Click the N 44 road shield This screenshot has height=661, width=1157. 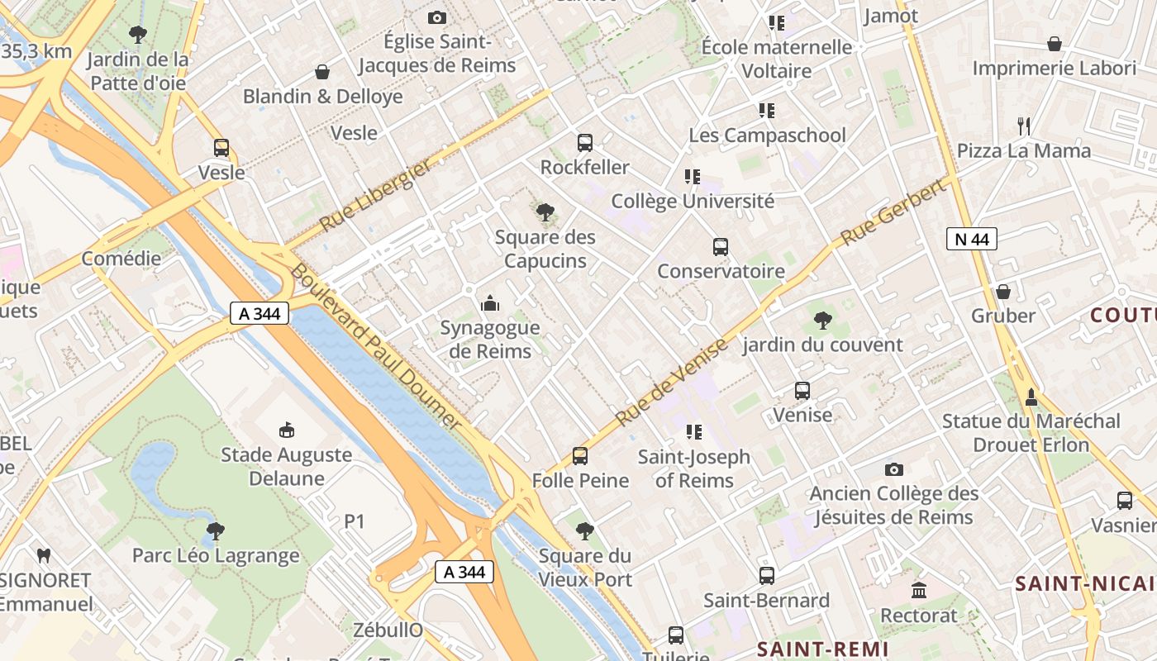pyautogui.click(x=971, y=240)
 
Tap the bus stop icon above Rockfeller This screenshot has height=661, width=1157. pyautogui.click(x=585, y=143)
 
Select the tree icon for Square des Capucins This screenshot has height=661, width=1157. pyautogui.click(x=545, y=213)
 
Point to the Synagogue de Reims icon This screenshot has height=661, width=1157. pyautogui.click(x=490, y=304)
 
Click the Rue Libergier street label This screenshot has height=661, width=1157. pyautogui.click(x=375, y=196)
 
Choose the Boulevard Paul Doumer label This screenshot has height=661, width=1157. pyautogui.click(x=375, y=346)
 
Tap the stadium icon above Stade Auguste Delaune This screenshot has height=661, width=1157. pyautogui.click(x=287, y=430)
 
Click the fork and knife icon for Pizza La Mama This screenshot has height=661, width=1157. pyautogui.click(x=1024, y=126)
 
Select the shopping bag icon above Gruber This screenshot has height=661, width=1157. pyautogui.click(x=1003, y=292)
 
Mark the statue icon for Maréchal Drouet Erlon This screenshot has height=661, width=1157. pyautogui.click(x=1031, y=397)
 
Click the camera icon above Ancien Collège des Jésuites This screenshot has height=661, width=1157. pyautogui.click(x=893, y=469)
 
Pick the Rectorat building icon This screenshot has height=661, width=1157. pyautogui.click(x=919, y=591)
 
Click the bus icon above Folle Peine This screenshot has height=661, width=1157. pyautogui.click(x=580, y=456)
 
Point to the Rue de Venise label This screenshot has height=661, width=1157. pyautogui.click(x=672, y=381)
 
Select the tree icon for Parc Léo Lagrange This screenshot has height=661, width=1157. pyautogui.click(x=216, y=531)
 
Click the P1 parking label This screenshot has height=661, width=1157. pyautogui.click(x=355, y=521)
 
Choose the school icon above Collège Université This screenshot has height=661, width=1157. pyautogui.click(x=693, y=177)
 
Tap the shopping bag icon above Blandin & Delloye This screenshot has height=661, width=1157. pyautogui.click(x=322, y=73)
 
